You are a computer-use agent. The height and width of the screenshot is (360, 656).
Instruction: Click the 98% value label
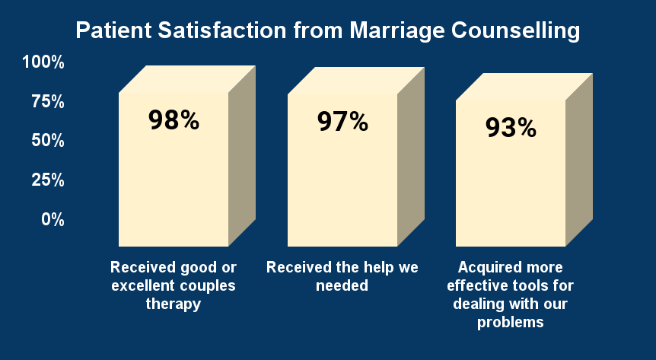tap(174, 120)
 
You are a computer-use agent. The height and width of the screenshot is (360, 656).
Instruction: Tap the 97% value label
tap(342, 122)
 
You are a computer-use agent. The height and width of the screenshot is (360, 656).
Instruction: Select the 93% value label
tap(511, 128)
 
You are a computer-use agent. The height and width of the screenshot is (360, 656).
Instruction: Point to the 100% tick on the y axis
tap(43, 62)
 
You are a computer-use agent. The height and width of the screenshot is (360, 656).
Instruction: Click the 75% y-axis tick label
tap(48, 102)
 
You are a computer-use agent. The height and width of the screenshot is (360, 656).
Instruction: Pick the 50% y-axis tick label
tap(48, 141)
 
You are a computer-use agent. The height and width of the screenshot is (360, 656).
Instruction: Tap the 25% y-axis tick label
tap(48, 180)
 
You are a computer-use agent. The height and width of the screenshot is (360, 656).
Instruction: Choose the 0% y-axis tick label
tap(53, 220)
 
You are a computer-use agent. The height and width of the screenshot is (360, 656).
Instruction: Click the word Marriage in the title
tap(397, 31)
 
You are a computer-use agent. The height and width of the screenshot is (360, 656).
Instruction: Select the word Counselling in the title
tap(516, 31)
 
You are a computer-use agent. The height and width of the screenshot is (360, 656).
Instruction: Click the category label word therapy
tap(174, 304)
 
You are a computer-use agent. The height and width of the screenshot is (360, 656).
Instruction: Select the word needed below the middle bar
tap(342, 285)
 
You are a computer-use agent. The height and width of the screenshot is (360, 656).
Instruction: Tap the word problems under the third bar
tap(511, 323)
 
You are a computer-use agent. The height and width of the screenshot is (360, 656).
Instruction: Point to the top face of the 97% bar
tap(356, 81)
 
